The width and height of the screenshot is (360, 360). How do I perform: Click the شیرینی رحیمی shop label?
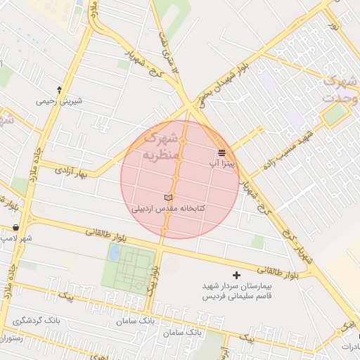[x=59, y=101]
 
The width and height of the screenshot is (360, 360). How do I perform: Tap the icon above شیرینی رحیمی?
[x=59, y=89]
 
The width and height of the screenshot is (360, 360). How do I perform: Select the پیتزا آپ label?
[x=221, y=163]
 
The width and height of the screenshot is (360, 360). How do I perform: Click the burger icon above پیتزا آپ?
[x=221, y=152]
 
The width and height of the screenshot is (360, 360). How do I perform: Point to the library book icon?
[x=167, y=198]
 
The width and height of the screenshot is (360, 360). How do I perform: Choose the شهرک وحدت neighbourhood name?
[x=337, y=89]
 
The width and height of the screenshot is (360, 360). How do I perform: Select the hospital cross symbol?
[x=236, y=275]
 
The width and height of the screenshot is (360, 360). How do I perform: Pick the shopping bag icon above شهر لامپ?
[x=15, y=227]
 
